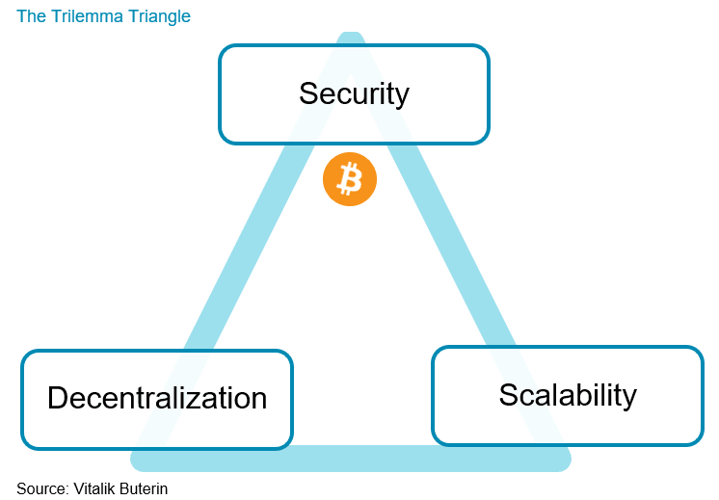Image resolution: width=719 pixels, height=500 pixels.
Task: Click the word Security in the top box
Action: point(354,93)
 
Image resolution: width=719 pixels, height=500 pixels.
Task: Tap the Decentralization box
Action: point(156,399)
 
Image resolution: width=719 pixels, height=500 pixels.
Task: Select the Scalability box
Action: point(567,395)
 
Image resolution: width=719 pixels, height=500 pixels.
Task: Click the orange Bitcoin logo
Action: point(349,179)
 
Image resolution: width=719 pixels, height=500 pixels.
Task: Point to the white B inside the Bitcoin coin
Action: point(350,179)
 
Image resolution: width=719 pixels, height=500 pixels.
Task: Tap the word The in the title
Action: point(30,16)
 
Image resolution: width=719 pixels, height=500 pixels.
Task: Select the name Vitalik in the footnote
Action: point(96,488)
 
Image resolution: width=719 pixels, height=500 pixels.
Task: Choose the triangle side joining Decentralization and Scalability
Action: point(357,459)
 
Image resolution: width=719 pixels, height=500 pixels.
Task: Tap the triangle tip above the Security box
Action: point(351,39)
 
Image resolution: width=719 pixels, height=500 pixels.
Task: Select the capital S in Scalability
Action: point(509,395)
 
